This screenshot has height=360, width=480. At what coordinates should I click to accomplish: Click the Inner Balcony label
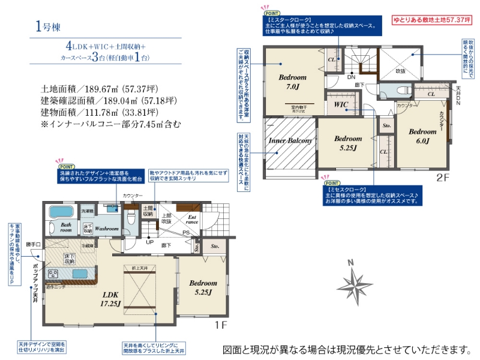[290, 141]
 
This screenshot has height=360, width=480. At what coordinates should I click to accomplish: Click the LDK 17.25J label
[112, 299]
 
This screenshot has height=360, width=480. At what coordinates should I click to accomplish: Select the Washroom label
[106, 229]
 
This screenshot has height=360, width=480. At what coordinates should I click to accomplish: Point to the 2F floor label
[443, 177]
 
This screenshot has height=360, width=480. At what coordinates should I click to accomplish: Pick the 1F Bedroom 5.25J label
[203, 287]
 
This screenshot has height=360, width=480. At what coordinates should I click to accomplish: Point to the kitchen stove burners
[53, 274]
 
